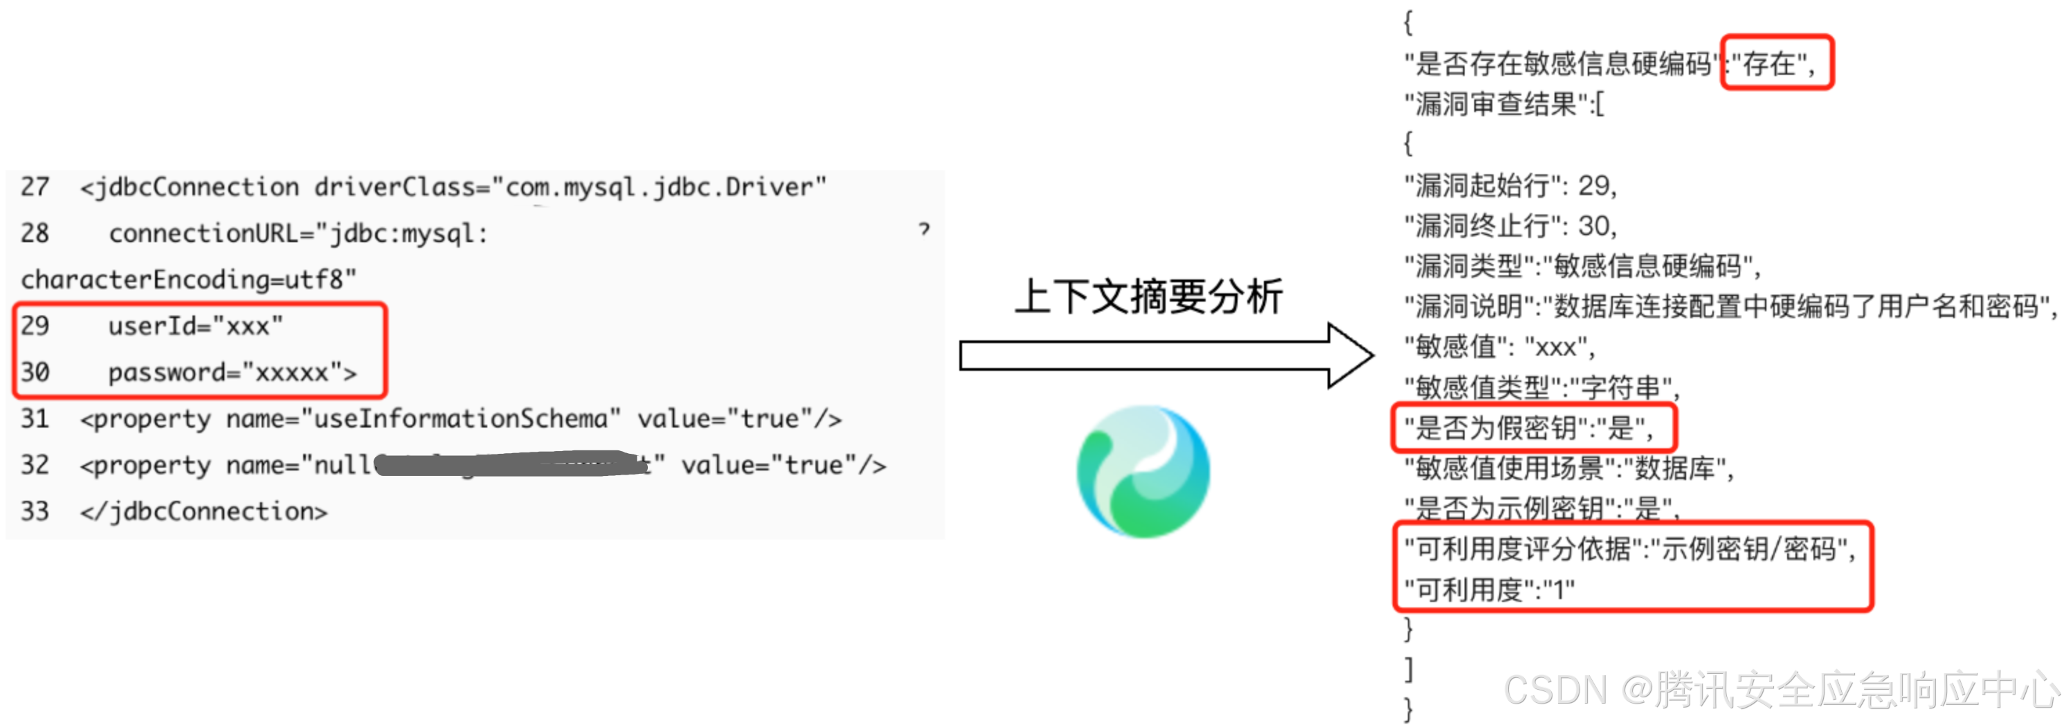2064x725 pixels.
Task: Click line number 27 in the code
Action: pyautogui.click(x=35, y=187)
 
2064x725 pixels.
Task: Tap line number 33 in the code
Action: pyautogui.click(x=35, y=511)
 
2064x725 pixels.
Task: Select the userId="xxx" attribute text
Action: pyautogui.click(x=195, y=326)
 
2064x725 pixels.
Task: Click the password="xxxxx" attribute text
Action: pyautogui.click(x=233, y=372)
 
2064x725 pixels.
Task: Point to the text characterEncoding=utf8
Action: pyautogui.click(x=188, y=279)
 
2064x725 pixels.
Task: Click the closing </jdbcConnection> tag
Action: pyautogui.click(x=203, y=511)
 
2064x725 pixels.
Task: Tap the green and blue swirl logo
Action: pyautogui.click(x=1143, y=471)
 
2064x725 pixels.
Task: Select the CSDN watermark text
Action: pyautogui.click(x=1779, y=690)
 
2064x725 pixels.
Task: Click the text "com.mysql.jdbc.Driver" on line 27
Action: pyautogui.click(x=659, y=187)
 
